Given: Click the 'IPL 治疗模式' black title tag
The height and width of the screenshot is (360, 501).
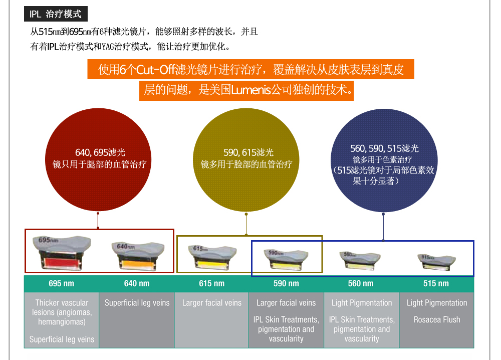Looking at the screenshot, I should point(56,15).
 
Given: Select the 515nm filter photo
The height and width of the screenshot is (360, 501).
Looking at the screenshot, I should point(436,260).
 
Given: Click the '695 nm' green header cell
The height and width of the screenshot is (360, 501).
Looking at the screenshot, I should point(61,284).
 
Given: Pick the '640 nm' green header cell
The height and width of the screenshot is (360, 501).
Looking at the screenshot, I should point(137,284).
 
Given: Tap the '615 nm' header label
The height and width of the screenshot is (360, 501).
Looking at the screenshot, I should point(211,284).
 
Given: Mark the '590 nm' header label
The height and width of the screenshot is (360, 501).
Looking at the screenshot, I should point(286,284).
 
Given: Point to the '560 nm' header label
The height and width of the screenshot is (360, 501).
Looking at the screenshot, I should point(361,284).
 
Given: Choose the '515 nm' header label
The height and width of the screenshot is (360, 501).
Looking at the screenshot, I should point(436,284).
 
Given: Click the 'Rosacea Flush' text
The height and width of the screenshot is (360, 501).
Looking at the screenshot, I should point(437,320).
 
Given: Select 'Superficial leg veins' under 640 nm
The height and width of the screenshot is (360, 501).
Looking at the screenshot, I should point(137,303).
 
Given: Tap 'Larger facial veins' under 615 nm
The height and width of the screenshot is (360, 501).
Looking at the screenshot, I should point(211,303).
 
